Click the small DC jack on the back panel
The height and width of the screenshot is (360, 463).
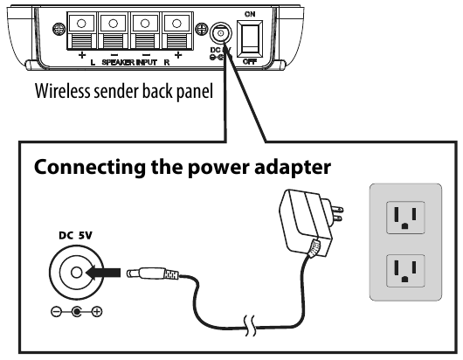(220, 33)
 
